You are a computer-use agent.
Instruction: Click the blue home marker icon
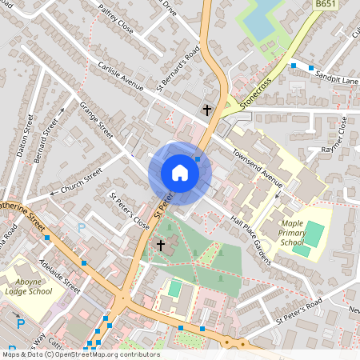(180, 172)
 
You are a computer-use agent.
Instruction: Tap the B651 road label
(325, 5)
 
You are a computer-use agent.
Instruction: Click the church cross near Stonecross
(207, 109)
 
